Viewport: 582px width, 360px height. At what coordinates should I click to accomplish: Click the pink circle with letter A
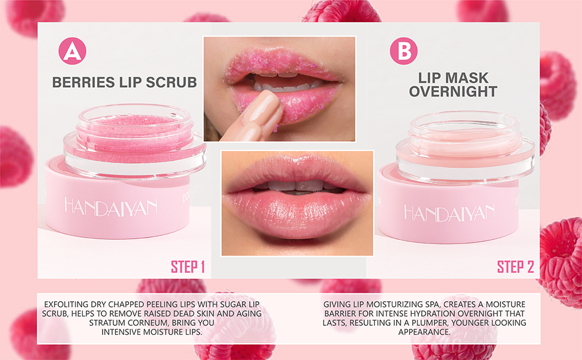[73, 51]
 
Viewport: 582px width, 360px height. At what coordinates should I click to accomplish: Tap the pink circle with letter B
[403, 51]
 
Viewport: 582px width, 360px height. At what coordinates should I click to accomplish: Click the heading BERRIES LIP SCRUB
[124, 82]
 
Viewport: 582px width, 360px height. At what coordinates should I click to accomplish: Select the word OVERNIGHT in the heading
[453, 92]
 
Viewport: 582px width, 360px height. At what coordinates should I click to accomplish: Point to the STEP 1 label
[188, 267]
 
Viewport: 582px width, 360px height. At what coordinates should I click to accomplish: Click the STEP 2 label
[515, 267]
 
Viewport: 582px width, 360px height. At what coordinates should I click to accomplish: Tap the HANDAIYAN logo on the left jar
[110, 207]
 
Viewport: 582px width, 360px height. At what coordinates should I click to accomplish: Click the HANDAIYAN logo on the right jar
[449, 212]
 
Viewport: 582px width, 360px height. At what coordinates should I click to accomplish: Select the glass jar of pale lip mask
[465, 148]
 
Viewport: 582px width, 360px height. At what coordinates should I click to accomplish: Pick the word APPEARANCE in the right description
[424, 332]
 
